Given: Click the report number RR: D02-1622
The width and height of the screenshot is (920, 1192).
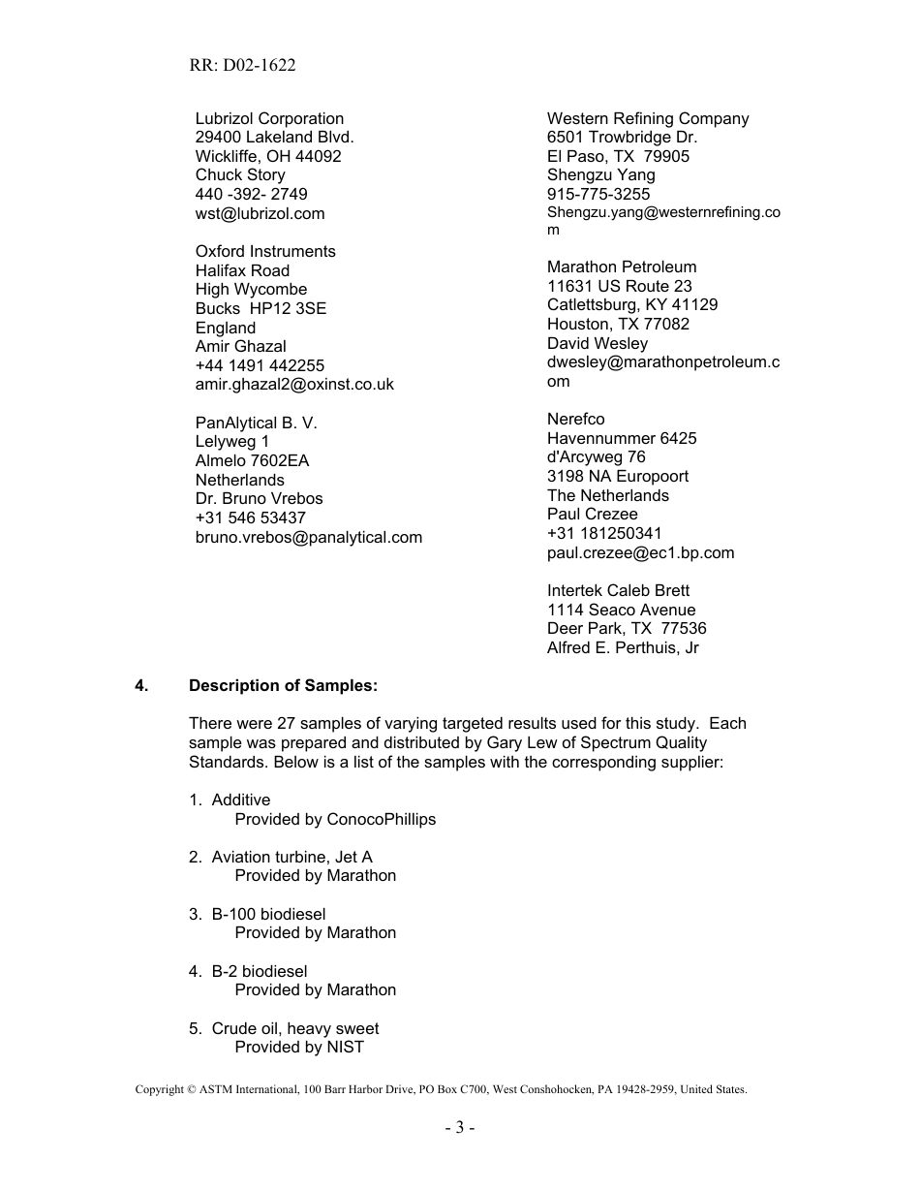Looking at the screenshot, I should pyautogui.click(x=243, y=65).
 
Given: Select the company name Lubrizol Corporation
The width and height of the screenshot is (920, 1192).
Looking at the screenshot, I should pyautogui.click(x=269, y=118).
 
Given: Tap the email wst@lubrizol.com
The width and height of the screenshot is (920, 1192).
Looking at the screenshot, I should pyautogui.click(x=260, y=213).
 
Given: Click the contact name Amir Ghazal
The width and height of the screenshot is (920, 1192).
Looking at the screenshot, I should pyautogui.click(x=240, y=346).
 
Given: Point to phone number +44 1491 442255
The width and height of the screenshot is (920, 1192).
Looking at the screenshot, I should pyautogui.click(x=260, y=365).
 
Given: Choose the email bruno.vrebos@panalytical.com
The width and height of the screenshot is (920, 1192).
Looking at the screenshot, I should pyautogui.click(x=308, y=537).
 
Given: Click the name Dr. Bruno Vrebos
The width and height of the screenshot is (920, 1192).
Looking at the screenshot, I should pyautogui.click(x=259, y=498).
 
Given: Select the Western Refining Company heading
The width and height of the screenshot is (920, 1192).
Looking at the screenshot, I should pyautogui.click(x=647, y=118).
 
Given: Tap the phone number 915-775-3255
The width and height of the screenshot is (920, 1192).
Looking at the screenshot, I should pyautogui.click(x=598, y=194).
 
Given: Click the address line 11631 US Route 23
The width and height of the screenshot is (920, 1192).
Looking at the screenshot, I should pyautogui.click(x=619, y=286).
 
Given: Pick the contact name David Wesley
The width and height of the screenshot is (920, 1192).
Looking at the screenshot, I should pyautogui.click(x=597, y=343).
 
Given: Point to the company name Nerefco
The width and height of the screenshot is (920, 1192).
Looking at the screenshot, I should pyautogui.click(x=575, y=419).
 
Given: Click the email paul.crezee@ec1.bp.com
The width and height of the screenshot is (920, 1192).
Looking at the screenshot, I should pyautogui.click(x=640, y=552).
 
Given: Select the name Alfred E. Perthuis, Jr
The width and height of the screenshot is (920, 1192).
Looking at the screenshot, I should pyautogui.click(x=622, y=647).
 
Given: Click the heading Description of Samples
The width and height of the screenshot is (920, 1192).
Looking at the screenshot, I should pyautogui.click(x=283, y=685).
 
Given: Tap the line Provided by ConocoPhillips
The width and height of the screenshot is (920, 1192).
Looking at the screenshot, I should pyautogui.click(x=335, y=819).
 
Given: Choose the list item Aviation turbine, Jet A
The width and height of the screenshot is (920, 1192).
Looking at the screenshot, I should pyautogui.click(x=291, y=857).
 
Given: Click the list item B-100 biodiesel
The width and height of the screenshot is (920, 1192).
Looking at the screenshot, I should pyautogui.click(x=268, y=914).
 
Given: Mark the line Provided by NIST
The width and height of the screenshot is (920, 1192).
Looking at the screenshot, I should pyautogui.click(x=298, y=1047).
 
